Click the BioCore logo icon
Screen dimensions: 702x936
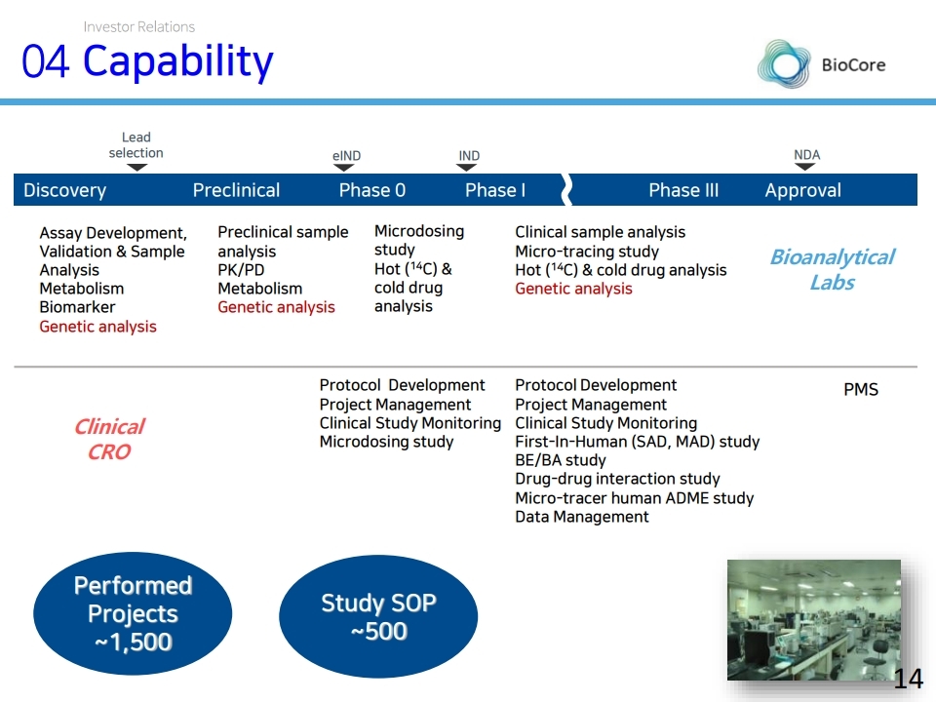[783, 65]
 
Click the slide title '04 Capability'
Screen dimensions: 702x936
[147, 62]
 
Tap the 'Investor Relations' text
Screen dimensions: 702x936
[138, 26]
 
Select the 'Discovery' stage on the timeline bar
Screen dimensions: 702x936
[64, 190]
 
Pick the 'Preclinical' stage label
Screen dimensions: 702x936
[236, 190]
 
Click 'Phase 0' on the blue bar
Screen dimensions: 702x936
[371, 190]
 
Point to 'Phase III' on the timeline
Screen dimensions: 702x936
[683, 190]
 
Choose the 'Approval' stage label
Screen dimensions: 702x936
[802, 190]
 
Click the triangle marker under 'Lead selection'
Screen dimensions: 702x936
[136, 168]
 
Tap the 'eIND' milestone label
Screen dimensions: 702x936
[346, 156]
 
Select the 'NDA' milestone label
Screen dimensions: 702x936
[806, 155]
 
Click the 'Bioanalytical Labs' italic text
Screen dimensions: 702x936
[832, 270]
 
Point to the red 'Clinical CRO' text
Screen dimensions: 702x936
[109, 439]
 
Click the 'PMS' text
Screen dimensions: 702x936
[860, 390]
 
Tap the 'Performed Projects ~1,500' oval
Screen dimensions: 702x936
[133, 613]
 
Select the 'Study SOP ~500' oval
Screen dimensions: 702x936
[378, 617]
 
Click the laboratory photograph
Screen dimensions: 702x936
[814, 619]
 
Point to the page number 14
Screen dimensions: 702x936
[908, 679]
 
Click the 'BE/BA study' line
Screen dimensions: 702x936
[560, 460]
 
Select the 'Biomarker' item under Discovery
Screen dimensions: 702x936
[77, 307]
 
